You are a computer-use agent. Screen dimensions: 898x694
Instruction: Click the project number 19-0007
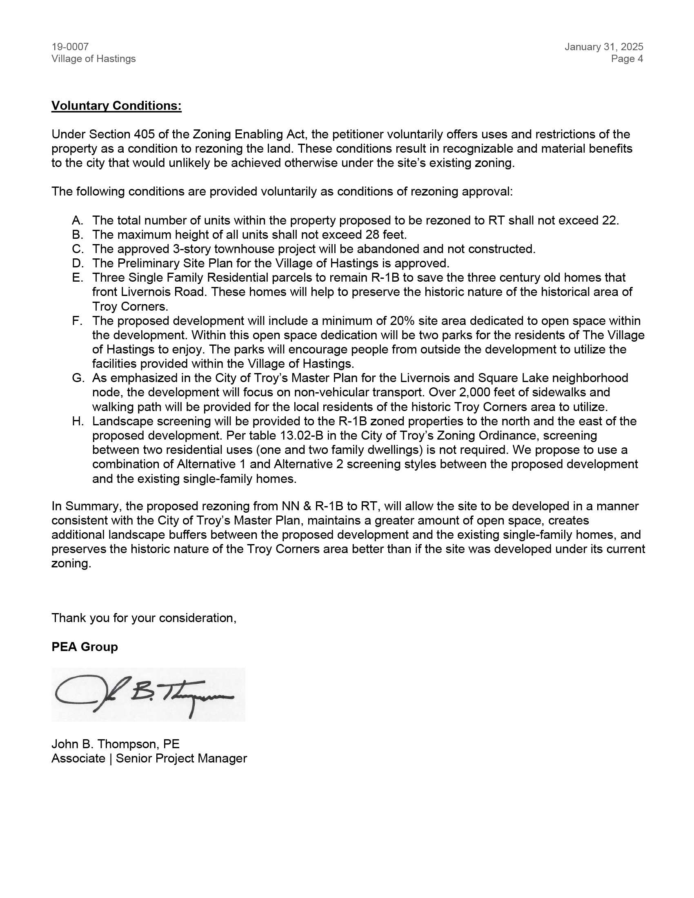point(70,47)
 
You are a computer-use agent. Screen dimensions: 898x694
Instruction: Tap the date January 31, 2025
point(603,47)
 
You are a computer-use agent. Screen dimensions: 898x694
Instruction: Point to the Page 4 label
point(627,59)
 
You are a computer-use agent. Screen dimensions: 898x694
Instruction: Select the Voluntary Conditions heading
point(116,106)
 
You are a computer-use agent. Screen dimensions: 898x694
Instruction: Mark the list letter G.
point(77,378)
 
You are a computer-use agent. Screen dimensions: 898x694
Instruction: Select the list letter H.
point(77,421)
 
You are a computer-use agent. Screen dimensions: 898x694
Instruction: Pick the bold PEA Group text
point(85,647)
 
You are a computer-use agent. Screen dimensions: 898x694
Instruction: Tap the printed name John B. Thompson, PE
point(116,744)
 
